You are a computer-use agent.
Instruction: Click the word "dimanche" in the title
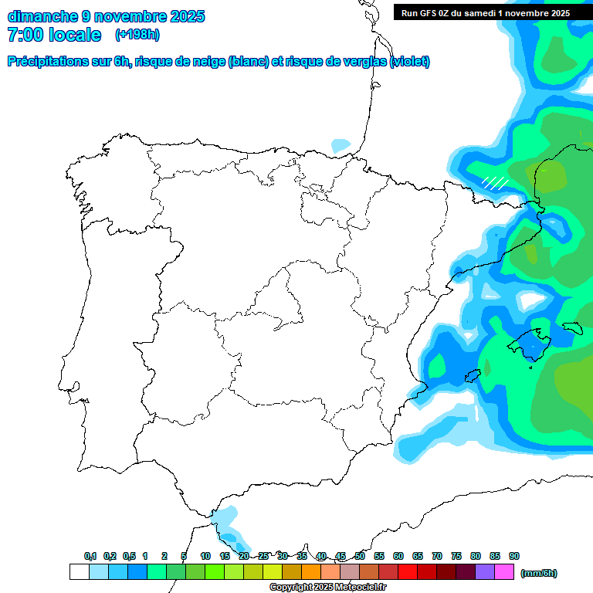click(x=42, y=15)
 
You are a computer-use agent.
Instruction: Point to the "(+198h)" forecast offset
click(x=137, y=35)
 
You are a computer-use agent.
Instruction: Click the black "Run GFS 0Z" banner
click(x=486, y=12)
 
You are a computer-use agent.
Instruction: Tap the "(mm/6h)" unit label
click(x=539, y=573)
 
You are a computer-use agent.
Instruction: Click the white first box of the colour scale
click(x=79, y=571)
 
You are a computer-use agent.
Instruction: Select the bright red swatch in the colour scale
click(x=407, y=571)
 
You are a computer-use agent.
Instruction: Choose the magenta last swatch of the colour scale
click(x=504, y=571)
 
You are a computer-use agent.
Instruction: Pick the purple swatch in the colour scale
click(x=485, y=571)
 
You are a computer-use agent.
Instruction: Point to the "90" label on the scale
click(x=514, y=556)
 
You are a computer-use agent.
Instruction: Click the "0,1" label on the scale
click(x=90, y=556)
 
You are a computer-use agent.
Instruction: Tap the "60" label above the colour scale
click(x=398, y=556)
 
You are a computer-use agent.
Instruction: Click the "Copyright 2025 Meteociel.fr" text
click(x=327, y=588)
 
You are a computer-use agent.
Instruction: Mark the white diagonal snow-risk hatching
click(x=495, y=183)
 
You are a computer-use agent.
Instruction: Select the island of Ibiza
click(x=471, y=376)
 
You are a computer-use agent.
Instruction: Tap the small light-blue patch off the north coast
click(x=341, y=144)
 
